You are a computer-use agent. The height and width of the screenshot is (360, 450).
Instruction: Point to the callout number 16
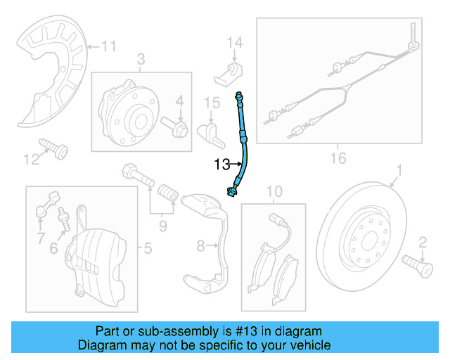pos(338,158)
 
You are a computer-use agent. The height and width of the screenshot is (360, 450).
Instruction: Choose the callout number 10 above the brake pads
pos(274,191)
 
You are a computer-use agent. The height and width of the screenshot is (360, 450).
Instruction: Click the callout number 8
pos(200,245)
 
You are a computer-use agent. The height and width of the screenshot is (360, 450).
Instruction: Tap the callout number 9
pos(162,226)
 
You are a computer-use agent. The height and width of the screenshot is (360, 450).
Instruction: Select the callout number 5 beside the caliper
pos(148,247)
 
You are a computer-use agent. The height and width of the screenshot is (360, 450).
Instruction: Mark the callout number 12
pos(30,161)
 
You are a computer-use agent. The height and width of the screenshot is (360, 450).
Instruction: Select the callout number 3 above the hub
pos(141,59)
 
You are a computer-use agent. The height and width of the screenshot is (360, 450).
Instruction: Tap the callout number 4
pos(180,102)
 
